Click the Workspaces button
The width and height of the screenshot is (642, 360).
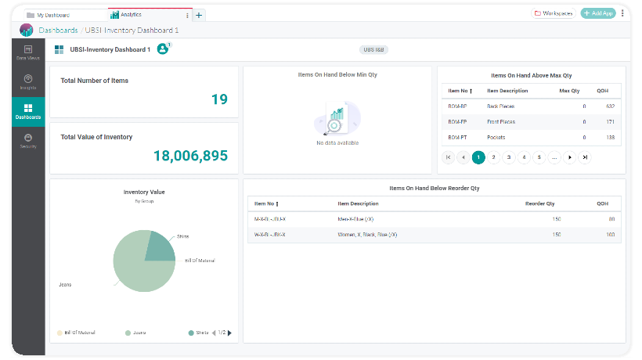pos(554,13)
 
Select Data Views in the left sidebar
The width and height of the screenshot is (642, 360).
pos(28,52)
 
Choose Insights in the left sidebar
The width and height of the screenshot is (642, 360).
pos(28,82)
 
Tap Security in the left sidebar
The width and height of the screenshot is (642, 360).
pos(28,141)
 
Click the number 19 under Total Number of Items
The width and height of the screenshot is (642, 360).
pos(219,99)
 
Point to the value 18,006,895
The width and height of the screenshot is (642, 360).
pos(190,156)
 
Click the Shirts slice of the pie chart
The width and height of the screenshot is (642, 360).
pos(161,247)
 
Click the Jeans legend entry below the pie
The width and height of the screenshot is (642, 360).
pos(138,333)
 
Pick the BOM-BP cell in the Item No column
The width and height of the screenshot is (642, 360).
pos(457,106)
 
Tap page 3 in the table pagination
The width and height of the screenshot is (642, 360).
pos(509,157)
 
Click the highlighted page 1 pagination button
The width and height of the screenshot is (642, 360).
pos(478,157)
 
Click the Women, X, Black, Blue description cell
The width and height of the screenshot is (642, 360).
pos(367,234)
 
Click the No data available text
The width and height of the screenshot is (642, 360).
pos(337,143)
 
